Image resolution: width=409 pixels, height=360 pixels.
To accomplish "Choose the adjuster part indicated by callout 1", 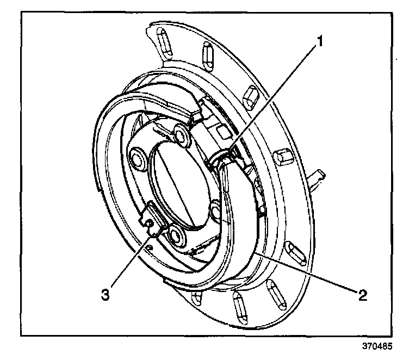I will point(223,158).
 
